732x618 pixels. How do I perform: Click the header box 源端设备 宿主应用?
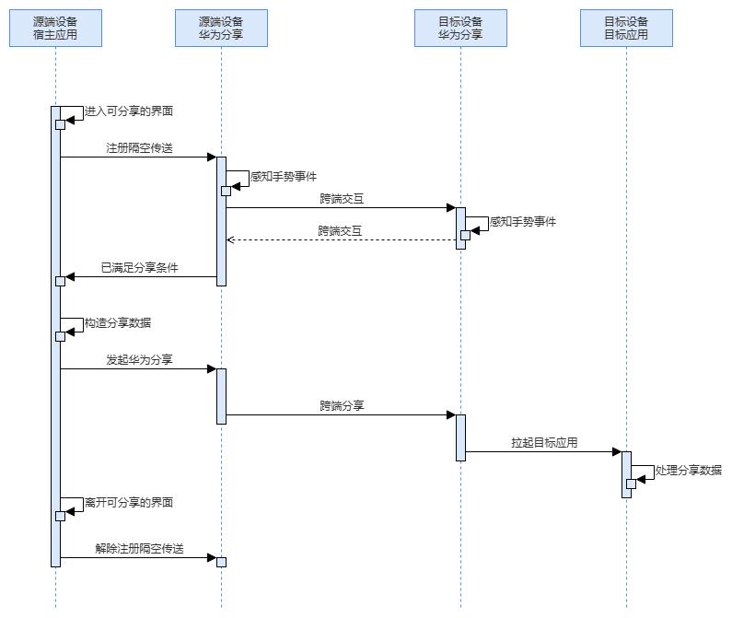(x=55, y=28)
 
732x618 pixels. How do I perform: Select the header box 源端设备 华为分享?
(x=221, y=28)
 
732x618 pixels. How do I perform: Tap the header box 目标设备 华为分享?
(x=460, y=28)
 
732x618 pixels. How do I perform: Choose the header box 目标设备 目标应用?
(x=626, y=28)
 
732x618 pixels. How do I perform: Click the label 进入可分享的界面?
(x=129, y=111)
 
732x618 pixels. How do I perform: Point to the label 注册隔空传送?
(x=139, y=147)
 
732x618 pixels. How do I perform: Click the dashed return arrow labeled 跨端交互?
(x=341, y=239)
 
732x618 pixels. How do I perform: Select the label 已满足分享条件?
(x=139, y=268)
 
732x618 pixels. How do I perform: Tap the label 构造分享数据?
(x=118, y=323)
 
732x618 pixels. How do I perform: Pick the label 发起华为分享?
(x=139, y=359)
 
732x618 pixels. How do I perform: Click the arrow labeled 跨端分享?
(x=341, y=414)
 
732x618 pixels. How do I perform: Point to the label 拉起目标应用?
(x=544, y=442)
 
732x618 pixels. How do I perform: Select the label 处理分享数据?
(x=689, y=470)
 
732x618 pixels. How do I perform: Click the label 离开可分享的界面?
(x=129, y=503)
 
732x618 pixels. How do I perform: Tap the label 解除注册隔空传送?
(x=139, y=548)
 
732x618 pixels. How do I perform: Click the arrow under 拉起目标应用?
(x=543, y=451)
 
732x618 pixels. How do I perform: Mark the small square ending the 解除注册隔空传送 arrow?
(x=221, y=562)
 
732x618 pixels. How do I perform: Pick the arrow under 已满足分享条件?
(x=138, y=276)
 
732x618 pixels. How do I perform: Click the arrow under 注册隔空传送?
(x=138, y=157)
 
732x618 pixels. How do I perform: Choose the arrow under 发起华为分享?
(x=138, y=368)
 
